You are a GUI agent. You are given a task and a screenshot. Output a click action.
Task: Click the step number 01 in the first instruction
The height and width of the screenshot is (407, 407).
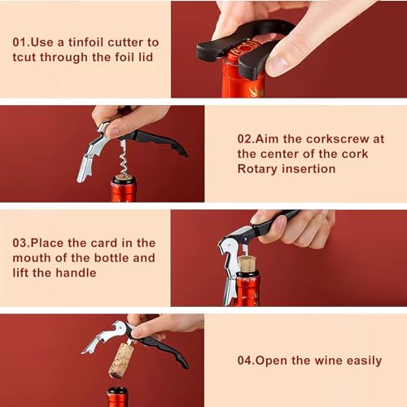[x=22, y=42]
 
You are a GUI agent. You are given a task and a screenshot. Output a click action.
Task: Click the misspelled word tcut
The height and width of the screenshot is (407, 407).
[x=27, y=57]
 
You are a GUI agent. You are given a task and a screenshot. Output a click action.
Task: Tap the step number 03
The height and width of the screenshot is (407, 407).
[x=23, y=243]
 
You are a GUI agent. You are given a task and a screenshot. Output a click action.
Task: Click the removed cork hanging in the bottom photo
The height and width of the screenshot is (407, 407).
[x=120, y=361]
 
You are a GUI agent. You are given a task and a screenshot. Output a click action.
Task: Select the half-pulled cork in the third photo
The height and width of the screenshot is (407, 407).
[x=247, y=265]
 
